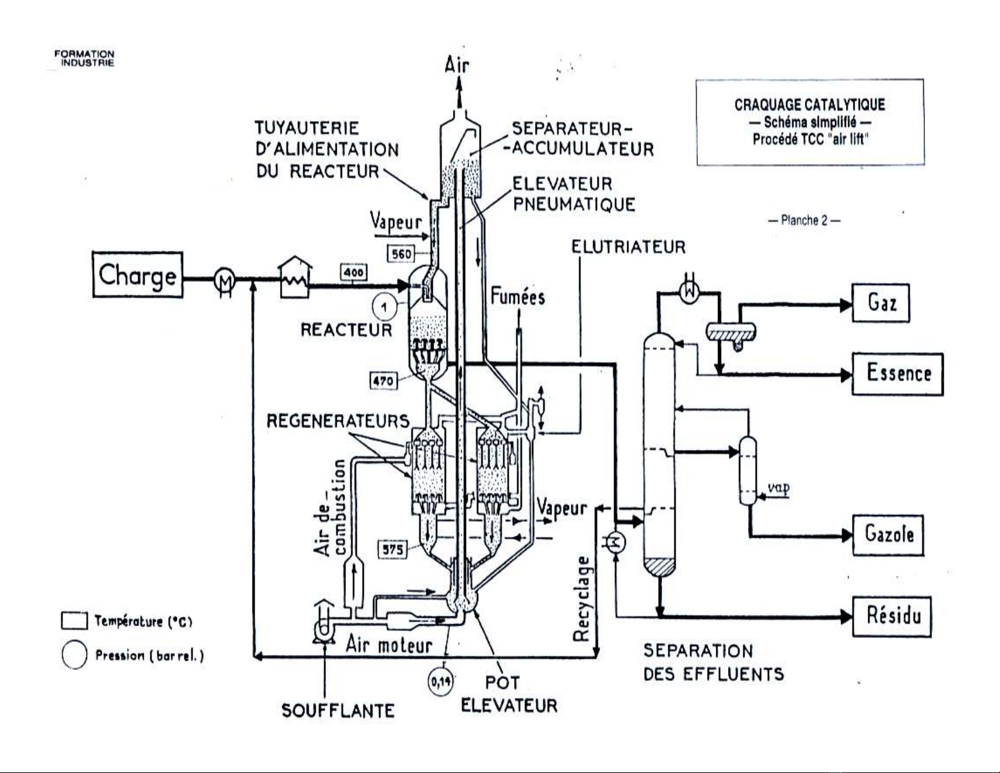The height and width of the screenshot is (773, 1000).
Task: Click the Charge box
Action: coord(138,274)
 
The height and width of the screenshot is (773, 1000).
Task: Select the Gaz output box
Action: coord(881,303)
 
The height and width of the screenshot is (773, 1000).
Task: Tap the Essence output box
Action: coord(898,374)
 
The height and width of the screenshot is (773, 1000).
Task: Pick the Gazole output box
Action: coord(888,535)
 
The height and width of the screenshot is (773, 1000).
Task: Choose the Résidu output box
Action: coord(892,616)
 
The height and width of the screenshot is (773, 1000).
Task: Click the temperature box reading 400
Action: coord(354,273)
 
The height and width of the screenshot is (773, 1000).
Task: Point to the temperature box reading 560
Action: coord(401,254)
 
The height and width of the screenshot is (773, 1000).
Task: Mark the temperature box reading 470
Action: coord(383,381)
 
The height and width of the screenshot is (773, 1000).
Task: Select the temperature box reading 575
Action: coord(392,549)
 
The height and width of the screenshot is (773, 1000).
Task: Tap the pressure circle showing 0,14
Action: coord(440,682)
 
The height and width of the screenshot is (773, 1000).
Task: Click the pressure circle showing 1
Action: coord(384,307)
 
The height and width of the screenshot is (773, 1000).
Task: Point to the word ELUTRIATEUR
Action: coord(628,247)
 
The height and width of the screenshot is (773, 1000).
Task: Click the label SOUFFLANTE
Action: coord(338,711)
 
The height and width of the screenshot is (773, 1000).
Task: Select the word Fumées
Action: coord(517,297)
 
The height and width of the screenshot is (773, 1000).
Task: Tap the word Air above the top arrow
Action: coord(457,64)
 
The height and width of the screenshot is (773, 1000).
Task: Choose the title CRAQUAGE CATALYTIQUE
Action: coord(809,105)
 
